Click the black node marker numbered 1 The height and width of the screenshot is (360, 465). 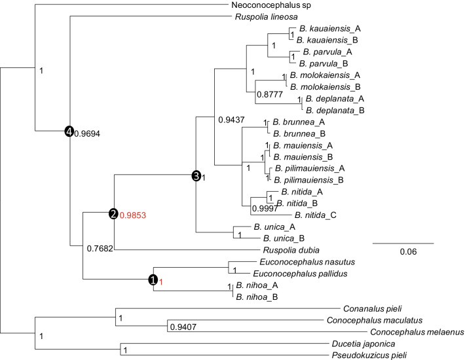coord(153,280)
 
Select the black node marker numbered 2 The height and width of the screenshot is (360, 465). coord(113,213)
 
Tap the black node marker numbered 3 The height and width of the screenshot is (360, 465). coord(196,175)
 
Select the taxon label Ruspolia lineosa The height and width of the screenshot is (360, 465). coord(262,16)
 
